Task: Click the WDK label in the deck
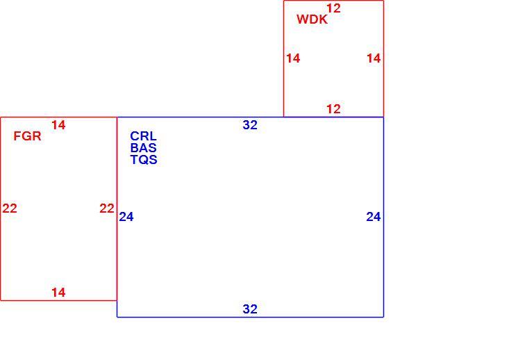(312, 19)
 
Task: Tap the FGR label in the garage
(27, 136)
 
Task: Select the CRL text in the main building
(143, 136)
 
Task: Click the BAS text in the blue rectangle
(143, 148)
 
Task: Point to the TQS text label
(144, 160)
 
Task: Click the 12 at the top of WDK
(333, 8)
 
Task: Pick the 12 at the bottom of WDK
(333, 108)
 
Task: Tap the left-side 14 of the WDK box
(293, 58)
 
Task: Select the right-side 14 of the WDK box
(374, 58)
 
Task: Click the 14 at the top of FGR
(58, 125)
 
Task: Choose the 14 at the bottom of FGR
(58, 292)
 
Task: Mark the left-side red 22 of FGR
(10, 208)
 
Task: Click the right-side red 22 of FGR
(107, 208)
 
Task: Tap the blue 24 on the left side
(126, 217)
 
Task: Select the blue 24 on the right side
(374, 217)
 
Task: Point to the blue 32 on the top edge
(250, 125)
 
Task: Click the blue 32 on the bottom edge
(250, 309)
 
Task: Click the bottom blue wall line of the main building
(251, 317)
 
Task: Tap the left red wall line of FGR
(1, 209)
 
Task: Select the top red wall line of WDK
(334, 1)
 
